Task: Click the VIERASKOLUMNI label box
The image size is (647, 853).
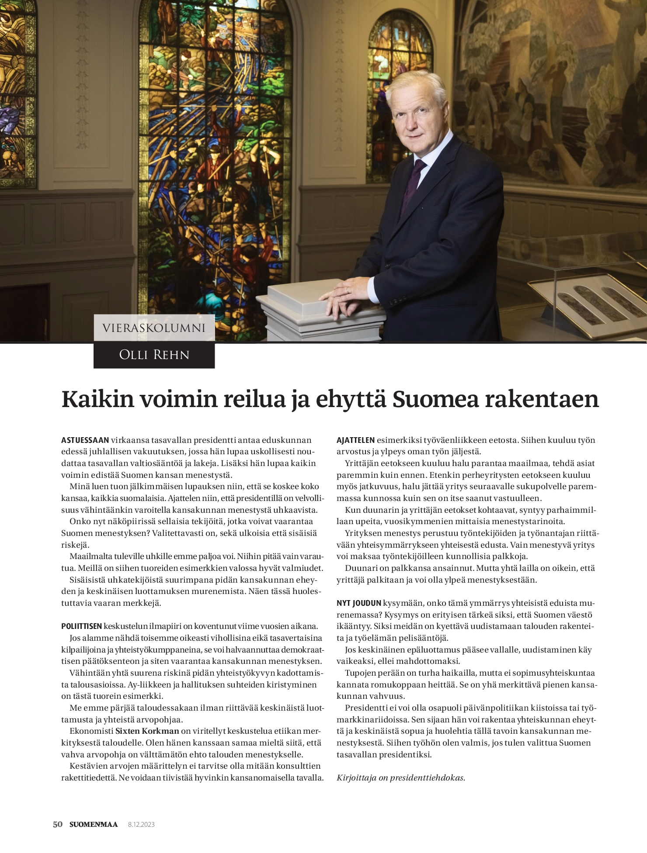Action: [x=154, y=328]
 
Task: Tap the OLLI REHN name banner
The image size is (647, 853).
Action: [x=154, y=355]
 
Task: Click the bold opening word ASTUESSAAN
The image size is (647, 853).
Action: [x=85, y=440]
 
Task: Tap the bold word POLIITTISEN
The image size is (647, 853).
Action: [x=81, y=626]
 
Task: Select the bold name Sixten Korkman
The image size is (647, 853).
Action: [x=147, y=731]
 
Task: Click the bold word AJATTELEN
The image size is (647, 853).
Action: [x=355, y=440]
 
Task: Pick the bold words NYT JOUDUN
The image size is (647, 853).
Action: [x=358, y=603]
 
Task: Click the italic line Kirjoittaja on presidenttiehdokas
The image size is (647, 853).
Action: [x=401, y=778]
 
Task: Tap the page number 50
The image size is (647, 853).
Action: [x=58, y=825]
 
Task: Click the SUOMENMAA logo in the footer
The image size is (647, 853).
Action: [x=94, y=825]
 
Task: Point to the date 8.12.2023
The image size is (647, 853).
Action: [x=141, y=825]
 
